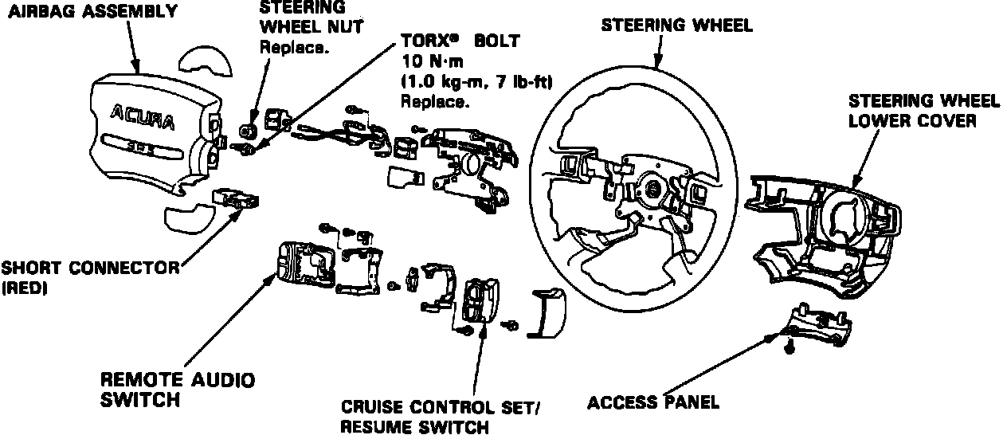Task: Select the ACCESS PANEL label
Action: click(x=652, y=402)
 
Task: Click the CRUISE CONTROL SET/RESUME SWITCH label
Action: click(x=439, y=417)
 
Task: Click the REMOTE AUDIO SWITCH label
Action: click(x=178, y=390)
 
